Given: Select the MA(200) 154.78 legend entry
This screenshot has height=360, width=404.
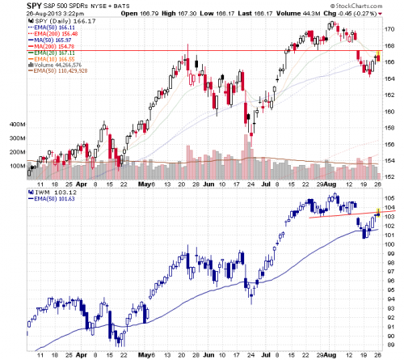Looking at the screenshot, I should pyautogui.click(x=55, y=46).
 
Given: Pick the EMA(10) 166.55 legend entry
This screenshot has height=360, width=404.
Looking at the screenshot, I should pyautogui.click(x=56, y=59).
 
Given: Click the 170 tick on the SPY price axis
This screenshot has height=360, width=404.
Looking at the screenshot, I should pyautogui.click(x=389, y=29).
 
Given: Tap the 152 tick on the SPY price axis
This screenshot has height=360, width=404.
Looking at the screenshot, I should pyautogui.click(x=389, y=176).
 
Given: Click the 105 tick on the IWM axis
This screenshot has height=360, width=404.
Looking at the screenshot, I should pyautogui.click(x=389, y=197).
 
